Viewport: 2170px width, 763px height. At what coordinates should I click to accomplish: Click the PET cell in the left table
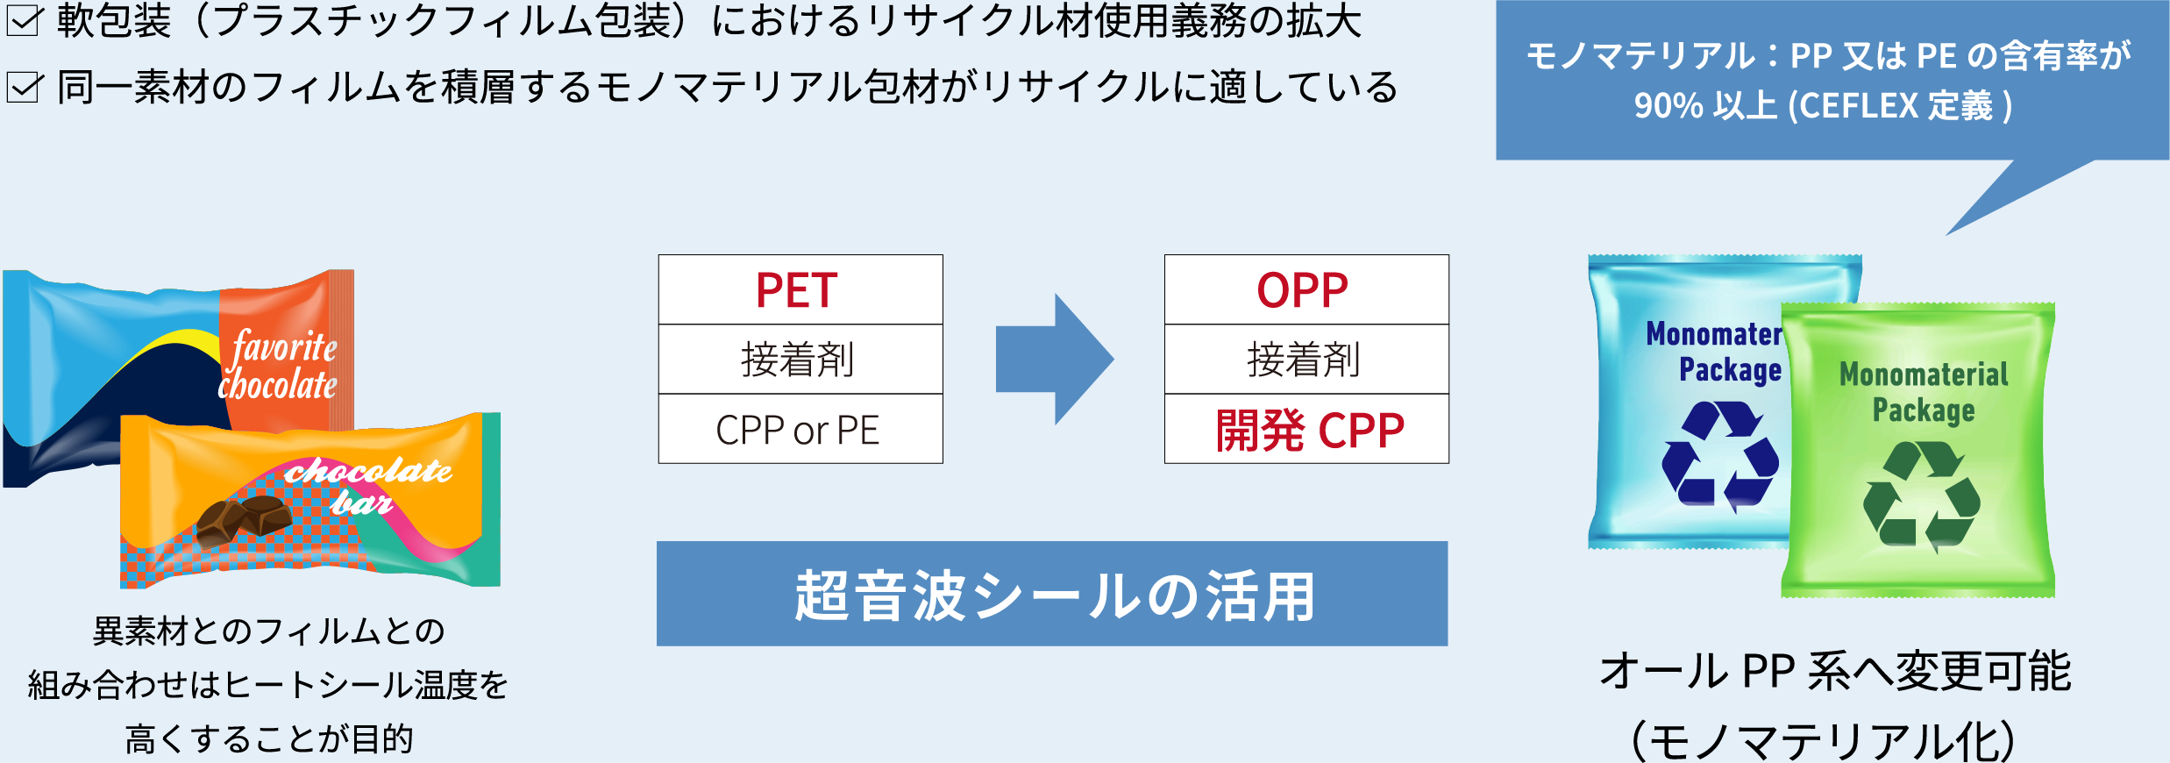tap(800, 290)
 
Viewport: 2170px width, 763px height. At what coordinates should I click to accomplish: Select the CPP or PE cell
tap(800, 430)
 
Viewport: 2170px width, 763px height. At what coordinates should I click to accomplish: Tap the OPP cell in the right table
tap(1306, 290)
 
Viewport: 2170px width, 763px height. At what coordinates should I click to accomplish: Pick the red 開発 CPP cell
tap(1306, 430)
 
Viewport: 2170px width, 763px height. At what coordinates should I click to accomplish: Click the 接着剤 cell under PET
tap(800, 360)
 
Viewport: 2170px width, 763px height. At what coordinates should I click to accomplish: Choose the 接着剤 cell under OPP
tap(1306, 360)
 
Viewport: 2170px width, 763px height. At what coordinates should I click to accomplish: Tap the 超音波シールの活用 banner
tap(1052, 595)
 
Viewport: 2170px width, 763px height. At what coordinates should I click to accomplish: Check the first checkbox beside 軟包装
tap(24, 21)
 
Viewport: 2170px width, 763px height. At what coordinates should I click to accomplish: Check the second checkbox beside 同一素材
tap(24, 88)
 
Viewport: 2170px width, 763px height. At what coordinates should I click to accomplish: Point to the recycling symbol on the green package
tap(1921, 496)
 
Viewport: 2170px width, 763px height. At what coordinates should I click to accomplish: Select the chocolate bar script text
tap(368, 485)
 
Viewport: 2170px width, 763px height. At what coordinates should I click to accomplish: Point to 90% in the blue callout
tap(1668, 106)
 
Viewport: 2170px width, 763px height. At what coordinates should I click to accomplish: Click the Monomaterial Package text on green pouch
tap(1924, 391)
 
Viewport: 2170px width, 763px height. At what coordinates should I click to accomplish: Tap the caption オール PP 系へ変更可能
tap(1834, 672)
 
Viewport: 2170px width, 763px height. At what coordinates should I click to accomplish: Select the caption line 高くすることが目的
tap(269, 738)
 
